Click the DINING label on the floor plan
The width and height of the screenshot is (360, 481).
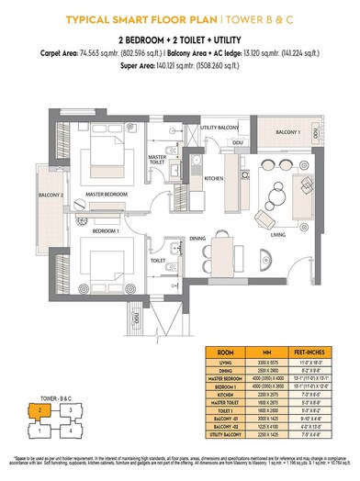click(197, 239)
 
